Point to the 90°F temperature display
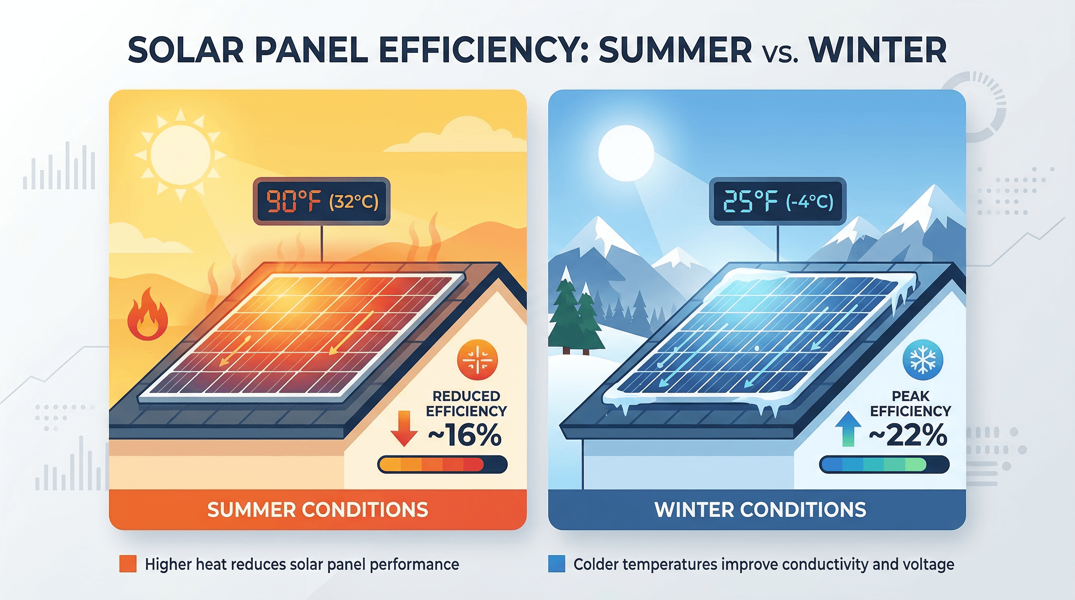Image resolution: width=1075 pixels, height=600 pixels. pyautogui.click(x=321, y=202)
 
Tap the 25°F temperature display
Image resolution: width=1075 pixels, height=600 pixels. pyautogui.click(x=777, y=202)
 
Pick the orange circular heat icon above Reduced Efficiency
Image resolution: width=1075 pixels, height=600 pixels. pyautogui.click(x=477, y=360)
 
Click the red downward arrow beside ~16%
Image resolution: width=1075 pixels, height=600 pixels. pyautogui.click(x=404, y=428)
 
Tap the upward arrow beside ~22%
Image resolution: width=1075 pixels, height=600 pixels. pyautogui.click(x=848, y=429)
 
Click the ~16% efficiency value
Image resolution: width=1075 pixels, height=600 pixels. pyautogui.click(x=465, y=435)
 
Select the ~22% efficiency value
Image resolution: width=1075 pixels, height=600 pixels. pyautogui.click(x=908, y=435)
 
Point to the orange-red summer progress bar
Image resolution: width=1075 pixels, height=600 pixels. pyautogui.click(x=442, y=464)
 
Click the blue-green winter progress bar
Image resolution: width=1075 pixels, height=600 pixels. pyautogui.click(x=884, y=464)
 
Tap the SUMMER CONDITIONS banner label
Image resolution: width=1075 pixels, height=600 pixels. pyautogui.click(x=318, y=509)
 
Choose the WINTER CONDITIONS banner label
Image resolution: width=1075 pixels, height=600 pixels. pyautogui.click(x=760, y=509)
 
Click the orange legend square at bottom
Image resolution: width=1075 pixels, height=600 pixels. pyautogui.click(x=128, y=564)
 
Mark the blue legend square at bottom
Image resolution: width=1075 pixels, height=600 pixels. pyautogui.click(x=556, y=564)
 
